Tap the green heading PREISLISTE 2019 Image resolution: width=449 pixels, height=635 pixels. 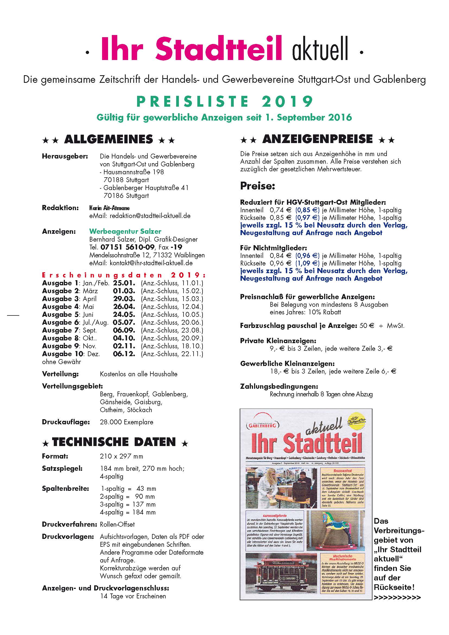pos(224,102)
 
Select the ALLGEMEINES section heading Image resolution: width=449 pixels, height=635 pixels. pos(108,139)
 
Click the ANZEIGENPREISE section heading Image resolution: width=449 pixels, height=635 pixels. pos(317,139)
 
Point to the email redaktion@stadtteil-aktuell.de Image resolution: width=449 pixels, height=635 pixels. pos(150,216)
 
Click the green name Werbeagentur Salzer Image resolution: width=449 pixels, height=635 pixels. pos(125,231)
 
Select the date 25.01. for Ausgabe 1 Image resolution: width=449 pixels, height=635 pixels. pos(124,283)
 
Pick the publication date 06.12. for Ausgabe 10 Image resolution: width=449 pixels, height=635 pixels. pos(124,354)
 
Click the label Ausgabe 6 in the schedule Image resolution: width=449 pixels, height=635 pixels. pos(61,322)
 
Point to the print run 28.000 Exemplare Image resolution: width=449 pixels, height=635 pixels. pos(126,422)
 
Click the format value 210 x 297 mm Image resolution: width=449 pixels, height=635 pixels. pos(121,456)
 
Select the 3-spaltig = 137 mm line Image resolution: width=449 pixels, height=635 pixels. pos(128,504)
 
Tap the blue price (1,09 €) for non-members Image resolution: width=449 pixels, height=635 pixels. pos(308,263)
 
